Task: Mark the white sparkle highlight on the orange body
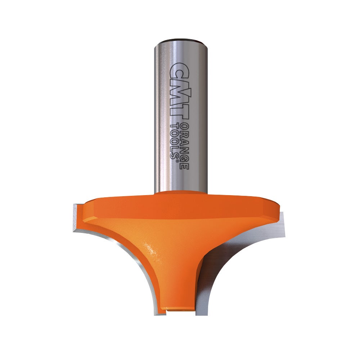pyautogui.click(x=152, y=248)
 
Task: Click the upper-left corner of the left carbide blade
pyautogui.click(x=75, y=205)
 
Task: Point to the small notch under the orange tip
pyautogui.click(x=162, y=309)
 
